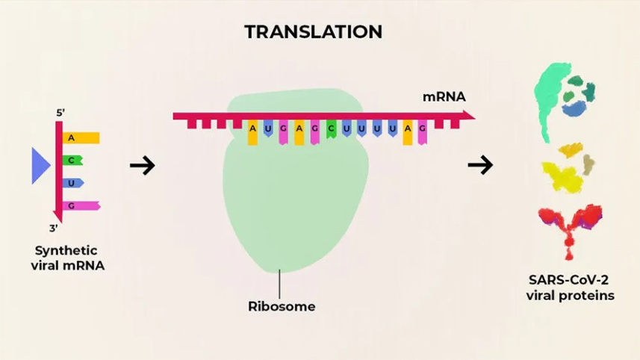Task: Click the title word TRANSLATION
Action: pos(314,32)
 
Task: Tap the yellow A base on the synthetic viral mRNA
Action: pos(78,138)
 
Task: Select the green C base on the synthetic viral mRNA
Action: pos(72,160)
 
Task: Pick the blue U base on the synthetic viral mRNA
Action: pos(72,182)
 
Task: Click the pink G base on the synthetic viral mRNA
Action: pos(79,205)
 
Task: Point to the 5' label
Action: pos(60,114)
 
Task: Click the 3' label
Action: pos(54,229)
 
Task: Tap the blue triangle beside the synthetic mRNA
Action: pos(39,166)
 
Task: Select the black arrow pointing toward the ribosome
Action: pos(142,165)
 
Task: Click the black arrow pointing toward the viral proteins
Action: pos(480,165)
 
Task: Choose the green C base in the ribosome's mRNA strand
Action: pos(331,128)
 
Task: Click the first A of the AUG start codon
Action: pos(253,129)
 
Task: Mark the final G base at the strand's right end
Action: pos(423,129)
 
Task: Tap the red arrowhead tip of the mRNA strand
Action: pos(470,115)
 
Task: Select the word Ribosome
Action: pos(282,306)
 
